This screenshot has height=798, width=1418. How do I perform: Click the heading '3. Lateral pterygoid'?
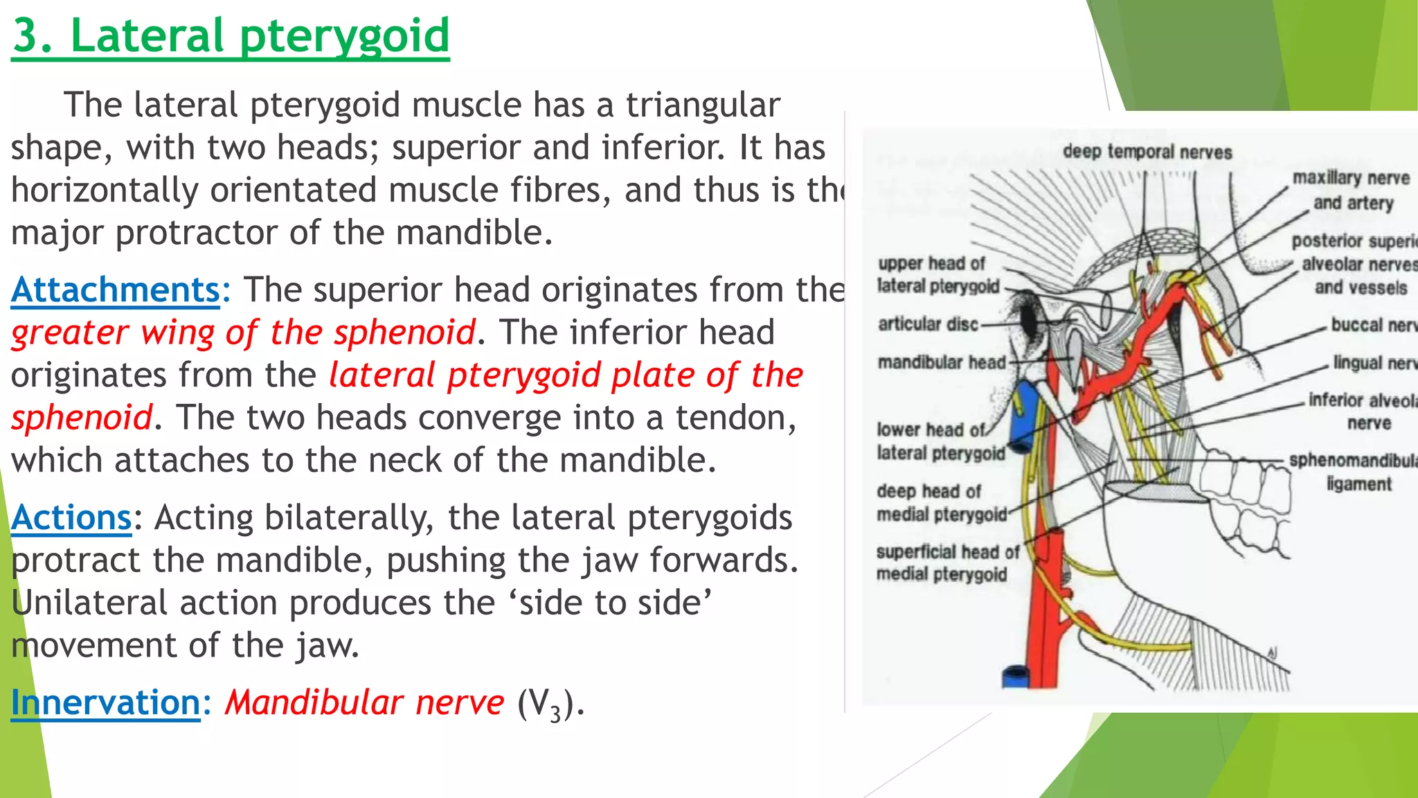tap(231, 36)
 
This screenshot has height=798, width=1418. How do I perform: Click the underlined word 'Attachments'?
tap(116, 290)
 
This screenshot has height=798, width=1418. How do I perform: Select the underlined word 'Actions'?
tap(71, 518)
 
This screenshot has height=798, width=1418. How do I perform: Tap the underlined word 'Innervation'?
tap(105, 702)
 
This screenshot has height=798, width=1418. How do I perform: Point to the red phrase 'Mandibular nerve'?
tap(365, 702)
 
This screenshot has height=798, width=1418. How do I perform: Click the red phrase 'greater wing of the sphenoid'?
tap(244, 332)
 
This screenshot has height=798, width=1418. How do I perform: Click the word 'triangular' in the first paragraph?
tap(703, 105)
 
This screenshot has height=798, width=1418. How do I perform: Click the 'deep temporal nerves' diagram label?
tap(1147, 152)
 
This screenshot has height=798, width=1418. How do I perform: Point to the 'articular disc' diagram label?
tap(928, 324)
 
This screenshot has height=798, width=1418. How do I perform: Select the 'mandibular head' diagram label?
tap(941, 362)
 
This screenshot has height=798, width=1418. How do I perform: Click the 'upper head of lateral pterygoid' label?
tap(938, 275)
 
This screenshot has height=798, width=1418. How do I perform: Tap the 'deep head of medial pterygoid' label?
tap(941, 503)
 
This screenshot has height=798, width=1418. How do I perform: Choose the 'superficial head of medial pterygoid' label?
tap(946, 563)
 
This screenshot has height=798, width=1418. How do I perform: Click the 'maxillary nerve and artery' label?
tap(1352, 190)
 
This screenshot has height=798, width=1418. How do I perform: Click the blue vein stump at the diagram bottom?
tap(1016, 676)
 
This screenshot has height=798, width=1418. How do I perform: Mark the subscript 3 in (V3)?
tap(555, 713)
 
